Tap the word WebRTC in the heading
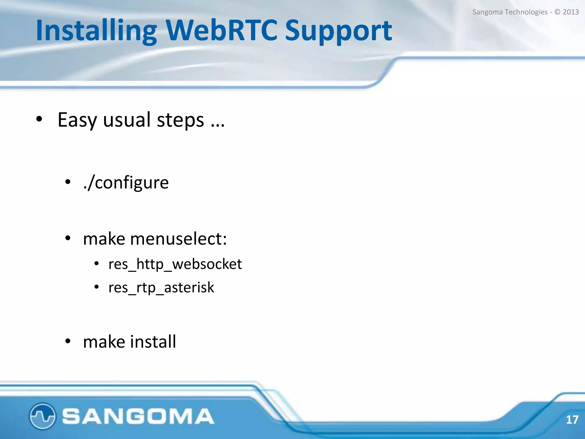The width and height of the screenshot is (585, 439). coord(221,30)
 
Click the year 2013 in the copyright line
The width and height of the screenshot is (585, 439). coord(570,12)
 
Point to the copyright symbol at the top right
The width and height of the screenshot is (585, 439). coord(557,12)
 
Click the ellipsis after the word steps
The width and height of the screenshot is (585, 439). coord(218,125)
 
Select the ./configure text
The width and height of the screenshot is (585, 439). coord(126,183)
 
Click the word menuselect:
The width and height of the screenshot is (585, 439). coord(178,239)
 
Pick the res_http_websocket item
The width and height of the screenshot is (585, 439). coord(175,264)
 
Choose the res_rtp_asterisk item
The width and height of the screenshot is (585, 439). coord(161,288)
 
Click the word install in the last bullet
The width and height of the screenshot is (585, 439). coord(153,342)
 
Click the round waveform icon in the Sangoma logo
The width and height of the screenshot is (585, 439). coord(42,416)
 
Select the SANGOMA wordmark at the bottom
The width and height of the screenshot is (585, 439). coord(138,416)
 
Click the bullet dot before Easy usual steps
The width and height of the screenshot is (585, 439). coord(39,119)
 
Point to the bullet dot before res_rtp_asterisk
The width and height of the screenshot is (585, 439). coord(97,287)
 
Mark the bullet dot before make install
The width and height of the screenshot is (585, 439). coord(68,341)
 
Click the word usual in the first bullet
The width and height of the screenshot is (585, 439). coord(127,120)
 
